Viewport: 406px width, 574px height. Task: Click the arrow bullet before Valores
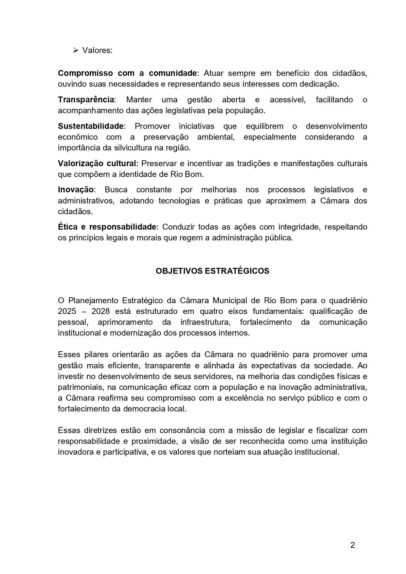pyautogui.click(x=75, y=50)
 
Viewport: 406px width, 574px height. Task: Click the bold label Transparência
pyautogui.click(x=86, y=100)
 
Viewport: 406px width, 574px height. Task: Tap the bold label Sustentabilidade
pyautogui.click(x=91, y=126)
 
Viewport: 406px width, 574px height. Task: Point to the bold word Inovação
pyautogui.click(x=76, y=190)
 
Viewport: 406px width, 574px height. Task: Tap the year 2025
pyautogui.click(x=67, y=311)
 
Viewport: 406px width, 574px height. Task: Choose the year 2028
pyautogui.click(x=101, y=311)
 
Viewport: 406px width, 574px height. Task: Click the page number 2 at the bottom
pyautogui.click(x=352, y=545)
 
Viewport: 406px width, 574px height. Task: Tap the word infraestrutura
pyautogui.click(x=205, y=322)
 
